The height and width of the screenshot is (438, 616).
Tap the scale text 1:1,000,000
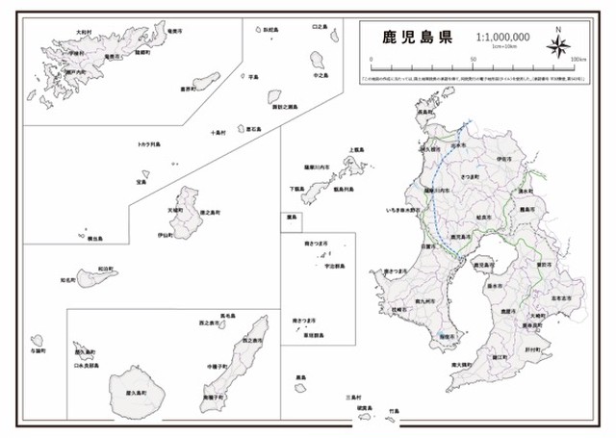[503, 38]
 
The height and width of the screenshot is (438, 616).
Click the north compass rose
[560, 45]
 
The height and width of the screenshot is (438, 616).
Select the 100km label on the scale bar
[578, 60]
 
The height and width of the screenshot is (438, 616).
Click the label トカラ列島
[150, 145]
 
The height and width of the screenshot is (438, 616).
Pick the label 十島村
[219, 134]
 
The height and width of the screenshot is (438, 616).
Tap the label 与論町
[38, 350]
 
